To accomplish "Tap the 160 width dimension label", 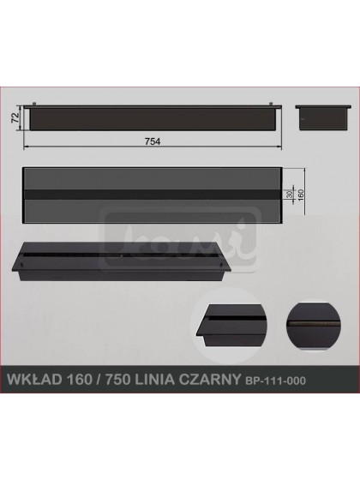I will (x=301, y=196).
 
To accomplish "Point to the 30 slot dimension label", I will (x=291, y=196).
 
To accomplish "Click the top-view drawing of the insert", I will (x=153, y=196).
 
